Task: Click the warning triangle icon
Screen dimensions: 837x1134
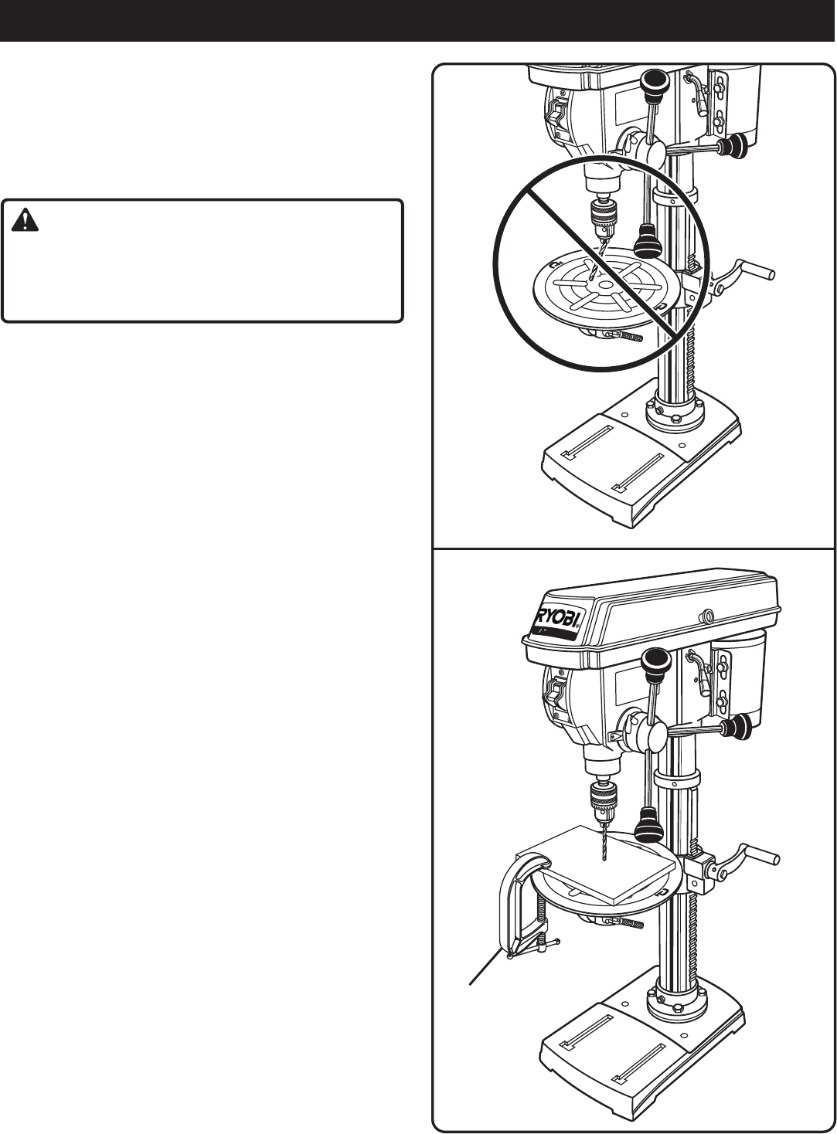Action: (x=25, y=222)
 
